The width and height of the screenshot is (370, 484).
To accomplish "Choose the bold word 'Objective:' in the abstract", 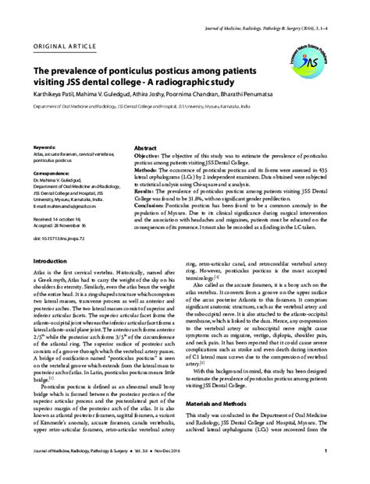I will coord(129,134).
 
